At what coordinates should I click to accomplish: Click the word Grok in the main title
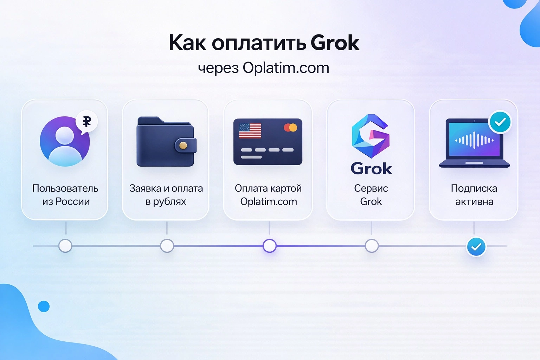pyautogui.click(x=335, y=43)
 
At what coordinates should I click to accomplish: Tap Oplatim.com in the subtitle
pyautogui.click(x=286, y=68)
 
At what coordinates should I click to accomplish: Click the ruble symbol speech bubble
pyautogui.click(x=86, y=122)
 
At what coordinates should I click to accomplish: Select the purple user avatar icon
pyautogui.click(x=65, y=142)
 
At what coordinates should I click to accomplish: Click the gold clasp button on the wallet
pyautogui.click(x=183, y=145)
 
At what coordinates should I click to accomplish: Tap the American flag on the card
pyautogui.click(x=250, y=131)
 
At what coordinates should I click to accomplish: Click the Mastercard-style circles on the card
pyautogui.click(x=290, y=127)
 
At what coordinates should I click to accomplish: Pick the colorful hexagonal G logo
pyautogui.click(x=371, y=136)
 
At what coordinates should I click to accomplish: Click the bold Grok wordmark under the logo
pyautogui.click(x=371, y=169)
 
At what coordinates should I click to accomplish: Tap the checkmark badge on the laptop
pyautogui.click(x=500, y=122)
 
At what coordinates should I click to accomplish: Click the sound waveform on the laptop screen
pyautogui.click(x=474, y=140)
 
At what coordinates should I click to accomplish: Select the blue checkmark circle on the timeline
pyautogui.click(x=476, y=247)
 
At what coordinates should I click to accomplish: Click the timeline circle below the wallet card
pyautogui.click(x=167, y=246)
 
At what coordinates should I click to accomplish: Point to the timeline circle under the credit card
pyautogui.click(x=270, y=246)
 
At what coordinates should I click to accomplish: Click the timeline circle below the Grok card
pyautogui.click(x=372, y=246)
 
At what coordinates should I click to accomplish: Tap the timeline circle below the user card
pyautogui.click(x=65, y=246)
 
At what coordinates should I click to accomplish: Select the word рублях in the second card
pyautogui.click(x=169, y=202)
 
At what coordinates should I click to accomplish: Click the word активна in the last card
pyautogui.click(x=474, y=202)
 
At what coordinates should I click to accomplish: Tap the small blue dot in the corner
pyautogui.click(x=44, y=306)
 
